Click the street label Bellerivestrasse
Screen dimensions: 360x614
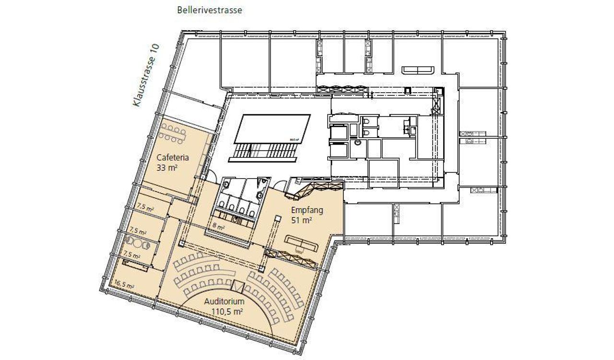(209, 10)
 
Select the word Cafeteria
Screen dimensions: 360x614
(172, 157)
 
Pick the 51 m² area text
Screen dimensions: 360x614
(302, 220)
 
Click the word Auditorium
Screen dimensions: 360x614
(224, 302)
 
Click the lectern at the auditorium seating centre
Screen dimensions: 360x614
(238, 285)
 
